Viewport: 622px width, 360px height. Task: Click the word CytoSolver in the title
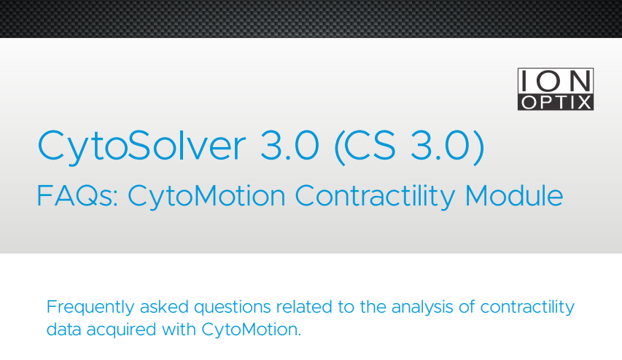(x=141, y=146)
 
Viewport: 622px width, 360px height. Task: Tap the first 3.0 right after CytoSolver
(x=289, y=146)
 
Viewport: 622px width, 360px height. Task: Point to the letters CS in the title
(x=370, y=146)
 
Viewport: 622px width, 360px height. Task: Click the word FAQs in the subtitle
(x=77, y=196)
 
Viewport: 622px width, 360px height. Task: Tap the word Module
(x=513, y=195)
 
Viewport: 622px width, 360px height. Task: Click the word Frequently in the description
(x=90, y=308)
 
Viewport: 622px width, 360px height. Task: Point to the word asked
(x=164, y=307)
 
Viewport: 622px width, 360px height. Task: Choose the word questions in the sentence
(x=233, y=308)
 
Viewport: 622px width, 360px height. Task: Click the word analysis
(x=422, y=308)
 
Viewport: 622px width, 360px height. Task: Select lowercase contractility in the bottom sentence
(x=527, y=308)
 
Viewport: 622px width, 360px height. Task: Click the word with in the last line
(x=179, y=329)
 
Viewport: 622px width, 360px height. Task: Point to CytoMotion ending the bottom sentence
(x=252, y=330)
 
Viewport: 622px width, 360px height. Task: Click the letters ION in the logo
(x=556, y=81)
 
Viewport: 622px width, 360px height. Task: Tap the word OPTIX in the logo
(x=556, y=102)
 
